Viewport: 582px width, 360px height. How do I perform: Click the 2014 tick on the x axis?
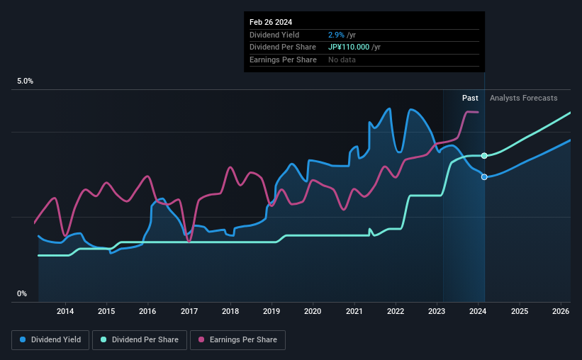(x=65, y=311)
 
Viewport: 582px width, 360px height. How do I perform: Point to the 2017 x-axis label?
(x=189, y=311)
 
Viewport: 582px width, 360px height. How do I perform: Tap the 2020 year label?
(x=313, y=311)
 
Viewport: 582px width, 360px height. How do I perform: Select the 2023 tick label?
(x=437, y=311)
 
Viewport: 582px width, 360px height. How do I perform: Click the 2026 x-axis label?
(x=560, y=311)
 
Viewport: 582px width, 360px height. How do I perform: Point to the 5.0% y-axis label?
(x=26, y=81)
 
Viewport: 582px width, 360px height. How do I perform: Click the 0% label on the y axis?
(x=22, y=293)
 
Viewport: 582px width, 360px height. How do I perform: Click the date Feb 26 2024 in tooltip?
(x=271, y=22)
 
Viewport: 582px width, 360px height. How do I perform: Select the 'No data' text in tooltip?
(x=342, y=60)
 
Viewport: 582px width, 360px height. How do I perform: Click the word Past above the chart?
(x=470, y=98)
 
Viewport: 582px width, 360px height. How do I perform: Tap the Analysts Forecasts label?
(x=523, y=98)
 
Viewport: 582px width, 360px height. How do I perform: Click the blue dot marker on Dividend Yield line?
(x=484, y=176)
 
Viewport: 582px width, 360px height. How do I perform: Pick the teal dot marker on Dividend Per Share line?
(x=484, y=155)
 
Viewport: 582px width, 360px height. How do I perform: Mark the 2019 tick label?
(x=272, y=311)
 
